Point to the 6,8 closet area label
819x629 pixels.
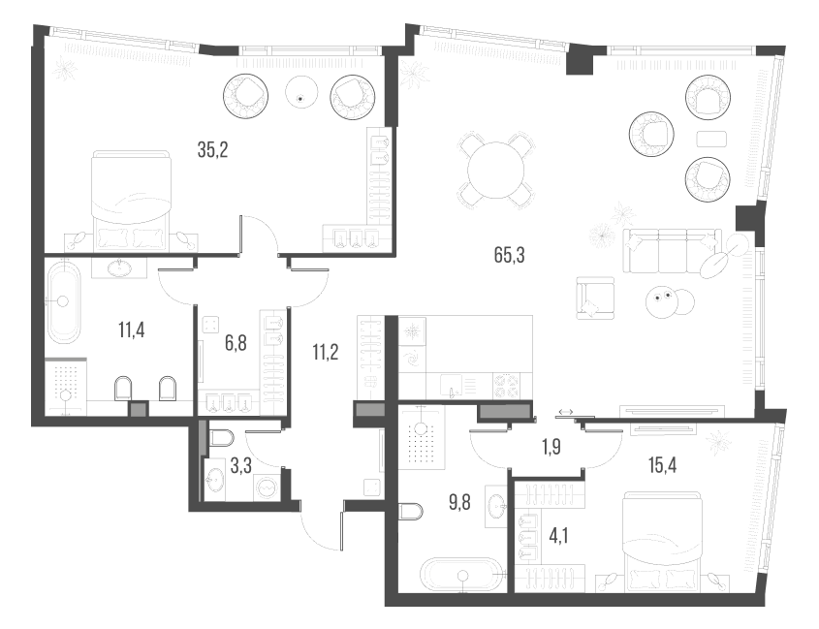(x=236, y=342)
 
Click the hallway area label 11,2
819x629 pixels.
(x=326, y=352)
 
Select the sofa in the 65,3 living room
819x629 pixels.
(x=670, y=250)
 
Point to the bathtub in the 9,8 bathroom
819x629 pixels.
(x=462, y=576)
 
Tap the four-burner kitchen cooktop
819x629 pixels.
(x=507, y=386)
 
